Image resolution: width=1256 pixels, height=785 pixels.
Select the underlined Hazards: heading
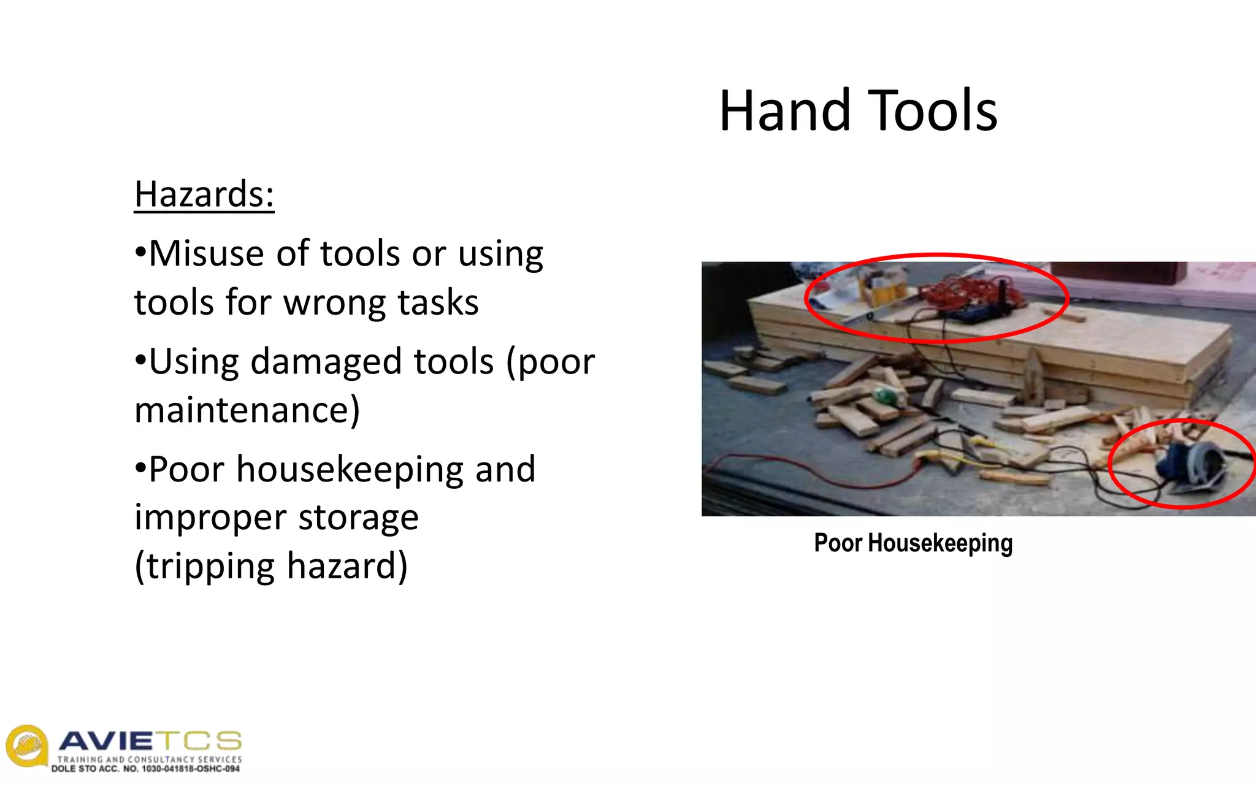point(204,195)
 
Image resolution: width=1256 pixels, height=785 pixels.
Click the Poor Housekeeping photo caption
point(913,543)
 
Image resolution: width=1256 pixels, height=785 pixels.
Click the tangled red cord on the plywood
point(969,291)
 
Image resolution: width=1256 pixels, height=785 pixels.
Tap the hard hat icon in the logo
point(26,746)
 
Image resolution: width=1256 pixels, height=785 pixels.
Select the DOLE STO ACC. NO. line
point(145,769)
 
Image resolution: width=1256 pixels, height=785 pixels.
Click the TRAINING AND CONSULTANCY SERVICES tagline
point(150,759)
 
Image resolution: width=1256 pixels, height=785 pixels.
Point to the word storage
point(358,518)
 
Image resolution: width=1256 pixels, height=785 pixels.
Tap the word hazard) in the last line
point(347,566)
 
